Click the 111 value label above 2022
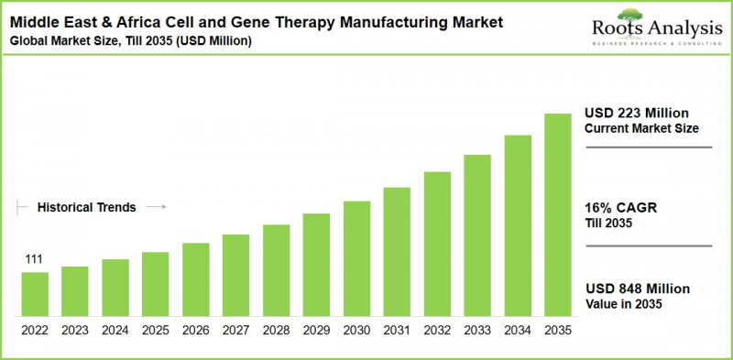pos(34,261)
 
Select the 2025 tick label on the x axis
pos(155,330)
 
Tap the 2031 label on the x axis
pos(397,330)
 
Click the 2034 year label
pos(518,330)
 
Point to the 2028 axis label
pos(276,330)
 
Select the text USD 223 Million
pos(637,113)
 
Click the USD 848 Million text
pos(637,289)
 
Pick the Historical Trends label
pos(86,208)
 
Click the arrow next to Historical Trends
pos(156,208)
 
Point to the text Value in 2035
pos(623,304)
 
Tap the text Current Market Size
pos(641,128)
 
